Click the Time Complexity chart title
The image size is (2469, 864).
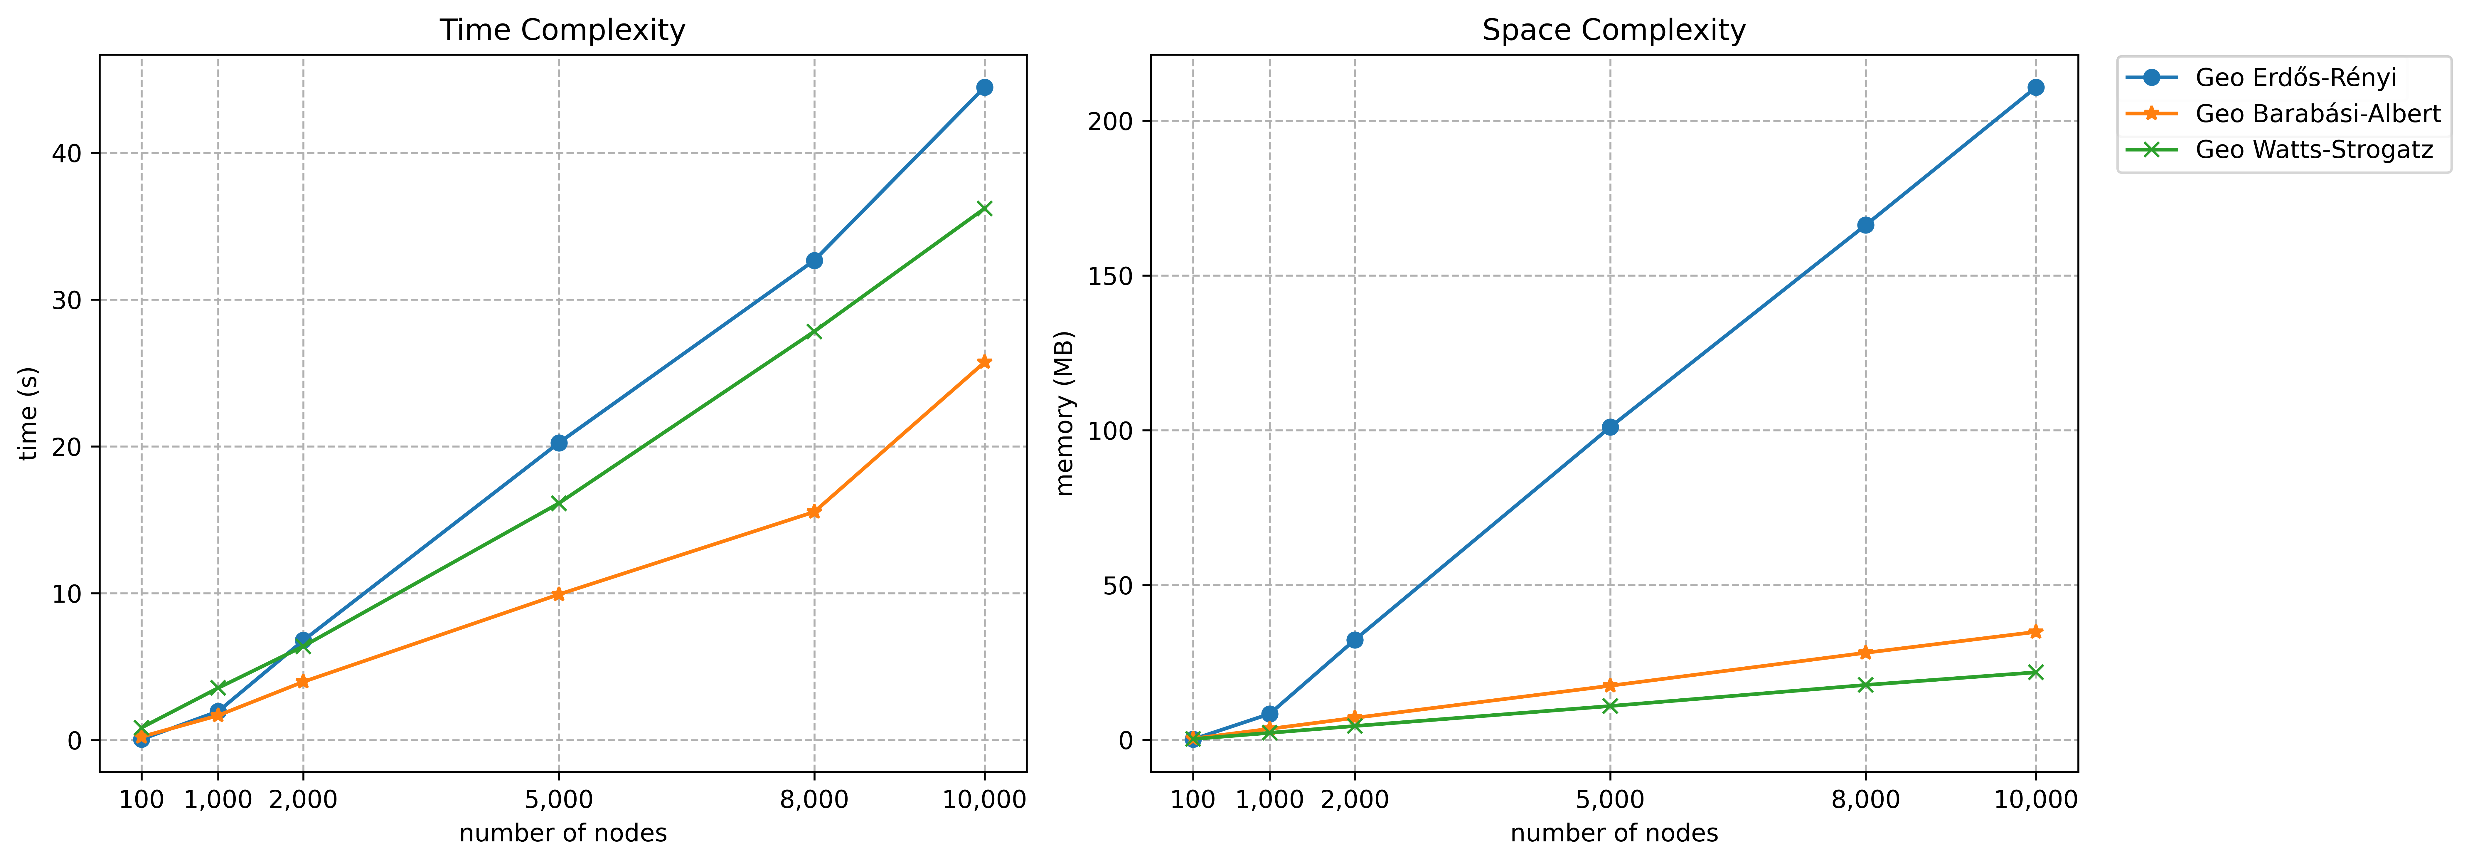(562, 31)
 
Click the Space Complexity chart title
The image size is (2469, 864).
(1614, 31)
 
